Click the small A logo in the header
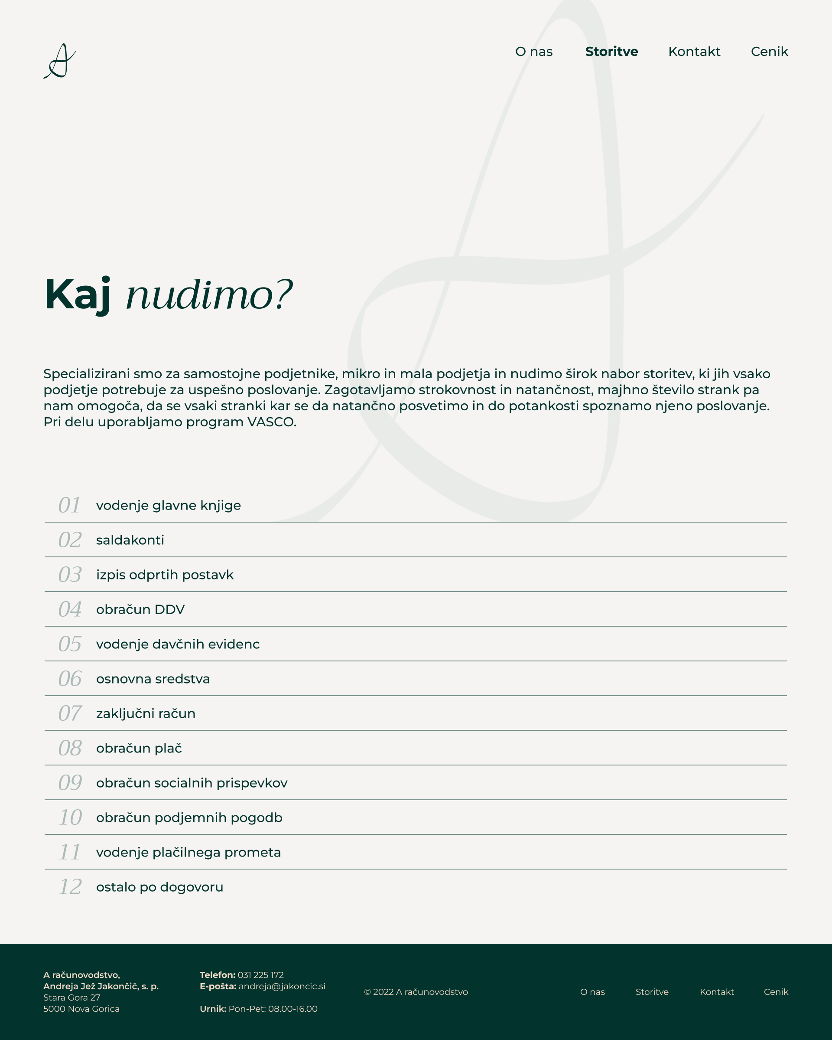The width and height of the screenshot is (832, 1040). pos(60,61)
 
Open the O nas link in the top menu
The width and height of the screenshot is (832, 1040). pos(533,52)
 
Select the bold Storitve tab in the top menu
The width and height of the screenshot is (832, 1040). pos(611,52)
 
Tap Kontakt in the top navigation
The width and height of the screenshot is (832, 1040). pos(694,52)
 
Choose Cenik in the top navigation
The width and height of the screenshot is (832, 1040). pos(769,52)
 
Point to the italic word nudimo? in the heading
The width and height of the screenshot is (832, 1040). pos(209,295)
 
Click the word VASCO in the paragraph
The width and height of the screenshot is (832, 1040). pos(270,422)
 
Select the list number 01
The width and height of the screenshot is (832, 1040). pos(69,505)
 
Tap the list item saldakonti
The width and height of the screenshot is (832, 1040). pos(130,540)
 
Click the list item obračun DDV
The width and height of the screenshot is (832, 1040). pos(140,609)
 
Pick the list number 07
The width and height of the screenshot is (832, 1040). pos(70,713)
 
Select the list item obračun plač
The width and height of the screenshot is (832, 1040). pos(139,748)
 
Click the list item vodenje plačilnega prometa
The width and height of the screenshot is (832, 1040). pos(188,852)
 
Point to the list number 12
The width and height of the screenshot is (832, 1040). pos(70,887)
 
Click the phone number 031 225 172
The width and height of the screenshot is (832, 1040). pos(260,975)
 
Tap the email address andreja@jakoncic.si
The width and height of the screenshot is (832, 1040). pos(282,986)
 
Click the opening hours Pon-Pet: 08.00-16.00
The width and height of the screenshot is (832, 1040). pos(273,1009)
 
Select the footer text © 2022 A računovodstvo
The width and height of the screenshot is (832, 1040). pos(416,992)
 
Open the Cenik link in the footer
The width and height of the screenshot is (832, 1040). pos(776,992)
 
